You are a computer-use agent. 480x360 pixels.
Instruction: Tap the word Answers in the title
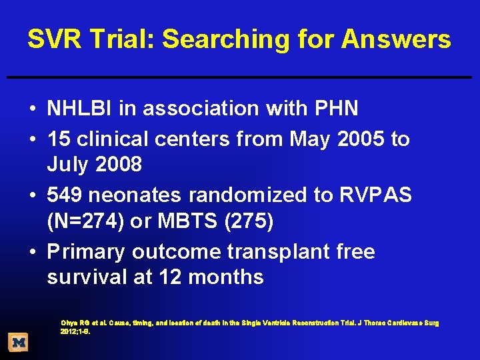coord(396,39)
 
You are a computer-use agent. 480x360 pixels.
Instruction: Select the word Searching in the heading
coord(226,39)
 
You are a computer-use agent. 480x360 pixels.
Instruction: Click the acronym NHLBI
coord(82,108)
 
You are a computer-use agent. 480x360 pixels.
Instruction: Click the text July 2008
coord(94,165)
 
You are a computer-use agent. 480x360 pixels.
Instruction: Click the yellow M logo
coord(19,343)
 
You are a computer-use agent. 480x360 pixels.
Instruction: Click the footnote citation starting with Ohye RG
coord(249,327)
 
